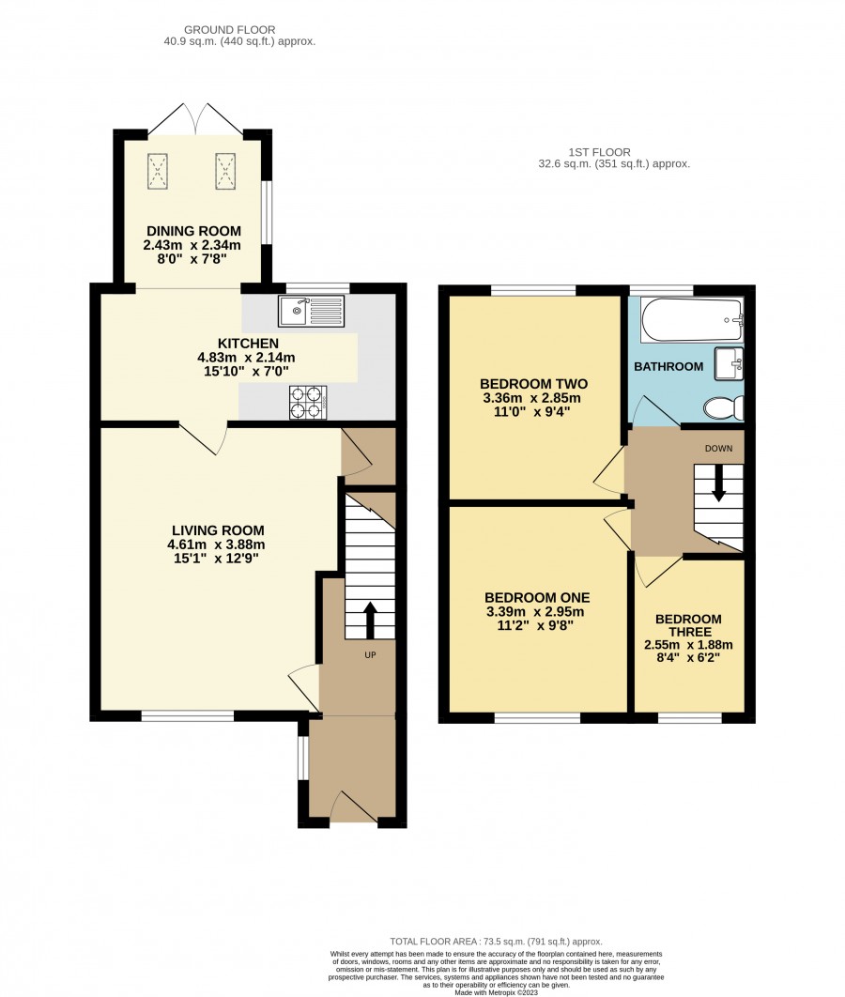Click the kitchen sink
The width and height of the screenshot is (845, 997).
point(311,311)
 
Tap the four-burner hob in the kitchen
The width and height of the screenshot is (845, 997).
point(308,402)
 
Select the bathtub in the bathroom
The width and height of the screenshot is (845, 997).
point(692,319)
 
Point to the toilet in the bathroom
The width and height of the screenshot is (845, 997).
point(724,407)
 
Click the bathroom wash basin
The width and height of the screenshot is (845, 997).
point(729,363)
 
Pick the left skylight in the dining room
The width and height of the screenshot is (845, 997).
point(159,171)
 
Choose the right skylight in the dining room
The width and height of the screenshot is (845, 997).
point(225,171)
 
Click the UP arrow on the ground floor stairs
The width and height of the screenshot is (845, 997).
point(369,620)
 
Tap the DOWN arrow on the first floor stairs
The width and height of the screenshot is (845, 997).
point(718,483)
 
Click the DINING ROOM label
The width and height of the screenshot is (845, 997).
point(194,231)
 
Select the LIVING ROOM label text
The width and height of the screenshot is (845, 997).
point(218,530)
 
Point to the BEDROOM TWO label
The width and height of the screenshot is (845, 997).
point(533,384)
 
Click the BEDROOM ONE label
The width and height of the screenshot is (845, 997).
point(537,598)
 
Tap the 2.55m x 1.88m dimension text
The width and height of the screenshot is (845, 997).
point(688,645)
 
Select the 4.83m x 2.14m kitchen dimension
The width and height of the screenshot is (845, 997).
point(246,358)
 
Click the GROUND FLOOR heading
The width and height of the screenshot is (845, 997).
point(229,30)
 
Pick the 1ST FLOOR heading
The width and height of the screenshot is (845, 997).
point(600,153)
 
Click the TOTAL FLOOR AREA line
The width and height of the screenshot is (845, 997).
point(496,942)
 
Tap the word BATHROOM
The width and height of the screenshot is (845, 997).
point(668,366)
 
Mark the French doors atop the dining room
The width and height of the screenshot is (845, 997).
point(196,119)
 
